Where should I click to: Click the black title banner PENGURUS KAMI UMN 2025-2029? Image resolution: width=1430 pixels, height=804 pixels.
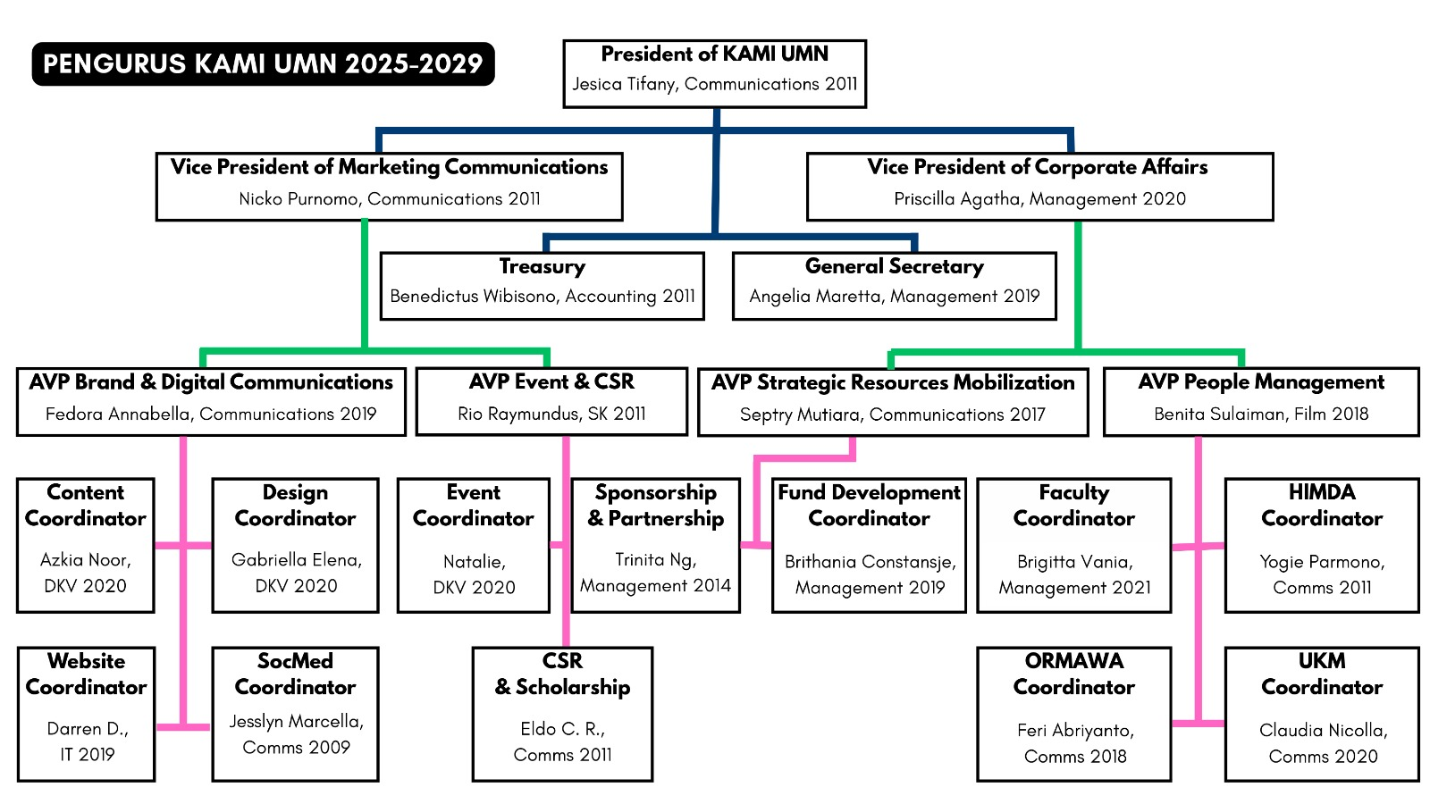[x=263, y=64]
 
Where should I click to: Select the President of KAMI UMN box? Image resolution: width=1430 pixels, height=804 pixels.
[x=714, y=73]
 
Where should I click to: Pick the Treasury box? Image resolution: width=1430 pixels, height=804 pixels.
[x=542, y=286]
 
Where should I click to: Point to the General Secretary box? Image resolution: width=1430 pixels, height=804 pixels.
[x=894, y=286]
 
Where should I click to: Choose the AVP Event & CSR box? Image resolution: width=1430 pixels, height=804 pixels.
[x=551, y=401]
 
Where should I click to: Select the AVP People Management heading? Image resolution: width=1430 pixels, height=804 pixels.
[x=1260, y=382]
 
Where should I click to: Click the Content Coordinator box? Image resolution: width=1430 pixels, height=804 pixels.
[x=86, y=545]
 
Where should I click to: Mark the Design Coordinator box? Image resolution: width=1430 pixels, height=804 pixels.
[x=295, y=545]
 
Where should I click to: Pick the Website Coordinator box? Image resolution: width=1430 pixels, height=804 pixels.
[x=86, y=714]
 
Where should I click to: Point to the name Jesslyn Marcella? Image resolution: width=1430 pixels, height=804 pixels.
[x=296, y=722]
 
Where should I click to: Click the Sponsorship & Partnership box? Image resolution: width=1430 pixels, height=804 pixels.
[x=655, y=545]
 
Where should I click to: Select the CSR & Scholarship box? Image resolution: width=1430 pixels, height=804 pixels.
[x=562, y=714]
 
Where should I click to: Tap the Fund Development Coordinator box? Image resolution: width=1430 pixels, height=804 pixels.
[x=869, y=545]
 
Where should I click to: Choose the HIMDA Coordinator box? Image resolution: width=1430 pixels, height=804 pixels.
[x=1321, y=545]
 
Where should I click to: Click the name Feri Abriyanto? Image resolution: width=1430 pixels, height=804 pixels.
[x=1075, y=731]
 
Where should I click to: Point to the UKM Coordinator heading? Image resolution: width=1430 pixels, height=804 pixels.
[x=1321, y=674]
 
